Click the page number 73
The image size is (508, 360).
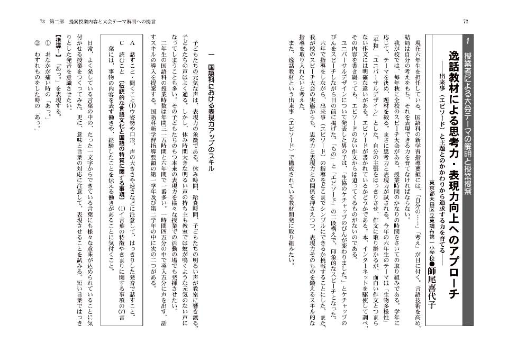click(x=42, y=21)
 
